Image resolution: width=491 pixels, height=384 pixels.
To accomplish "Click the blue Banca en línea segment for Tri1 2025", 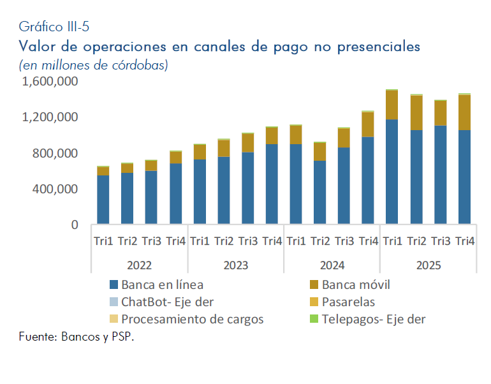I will (392, 172).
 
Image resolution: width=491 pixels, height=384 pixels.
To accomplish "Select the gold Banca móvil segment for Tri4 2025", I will (464, 112).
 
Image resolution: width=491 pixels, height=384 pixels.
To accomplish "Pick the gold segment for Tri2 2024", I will (319, 151).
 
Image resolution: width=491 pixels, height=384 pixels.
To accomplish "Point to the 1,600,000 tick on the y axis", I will (51, 82).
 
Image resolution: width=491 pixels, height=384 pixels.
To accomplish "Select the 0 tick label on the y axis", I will (75, 225).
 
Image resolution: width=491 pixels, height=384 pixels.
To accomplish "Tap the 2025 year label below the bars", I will (428, 265).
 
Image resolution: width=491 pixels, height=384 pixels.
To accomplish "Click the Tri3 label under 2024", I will (344, 241).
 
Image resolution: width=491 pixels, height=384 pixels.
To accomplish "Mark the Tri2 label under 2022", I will (127, 241).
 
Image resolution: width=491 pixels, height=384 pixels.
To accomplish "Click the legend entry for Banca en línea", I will (162, 284).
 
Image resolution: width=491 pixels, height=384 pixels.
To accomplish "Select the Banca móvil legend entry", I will (356, 284).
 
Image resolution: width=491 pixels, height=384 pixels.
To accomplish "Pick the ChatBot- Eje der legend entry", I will (167, 302).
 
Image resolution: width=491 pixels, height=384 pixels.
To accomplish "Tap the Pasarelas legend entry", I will (348, 302).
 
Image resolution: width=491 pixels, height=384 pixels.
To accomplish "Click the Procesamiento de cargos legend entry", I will (192, 319).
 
